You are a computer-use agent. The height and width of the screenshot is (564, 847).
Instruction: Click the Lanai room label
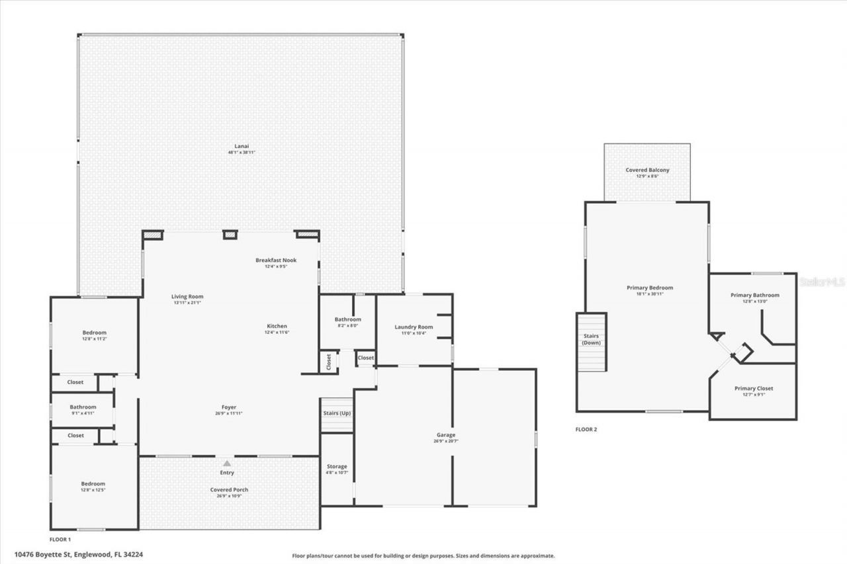tap(241, 146)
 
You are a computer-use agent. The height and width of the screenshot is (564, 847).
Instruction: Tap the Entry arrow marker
tap(227, 464)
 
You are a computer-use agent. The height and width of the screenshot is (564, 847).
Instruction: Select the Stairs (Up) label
tap(337, 413)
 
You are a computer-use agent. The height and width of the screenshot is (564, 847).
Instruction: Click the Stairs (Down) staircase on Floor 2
tap(591, 342)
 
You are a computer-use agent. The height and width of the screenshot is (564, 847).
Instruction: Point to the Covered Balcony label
tap(647, 170)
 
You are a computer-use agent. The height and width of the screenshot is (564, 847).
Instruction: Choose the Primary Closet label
tap(753, 388)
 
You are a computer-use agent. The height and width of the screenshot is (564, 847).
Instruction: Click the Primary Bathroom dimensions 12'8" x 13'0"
tap(754, 302)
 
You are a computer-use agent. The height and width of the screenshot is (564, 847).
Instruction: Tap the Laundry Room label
tap(414, 327)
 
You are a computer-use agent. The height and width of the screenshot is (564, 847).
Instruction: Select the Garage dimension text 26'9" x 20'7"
tap(445, 441)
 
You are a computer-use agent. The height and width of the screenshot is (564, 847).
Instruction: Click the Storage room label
tap(337, 466)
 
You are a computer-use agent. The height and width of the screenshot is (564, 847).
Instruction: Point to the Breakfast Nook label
tap(276, 260)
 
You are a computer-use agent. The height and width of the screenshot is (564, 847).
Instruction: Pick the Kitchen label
tap(277, 326)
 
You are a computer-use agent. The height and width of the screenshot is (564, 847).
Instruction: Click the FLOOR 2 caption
tap(586, 429)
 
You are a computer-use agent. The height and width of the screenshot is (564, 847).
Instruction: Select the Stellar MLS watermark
tap(822, 282)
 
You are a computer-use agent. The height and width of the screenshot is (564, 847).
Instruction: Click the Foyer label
tap(229, 407)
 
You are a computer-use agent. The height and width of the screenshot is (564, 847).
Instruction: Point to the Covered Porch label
tap(229, 489)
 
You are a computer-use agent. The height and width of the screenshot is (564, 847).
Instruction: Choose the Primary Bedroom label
tap(650, 288)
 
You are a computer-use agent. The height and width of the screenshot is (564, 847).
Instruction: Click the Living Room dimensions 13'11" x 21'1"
tap(187, 303)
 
